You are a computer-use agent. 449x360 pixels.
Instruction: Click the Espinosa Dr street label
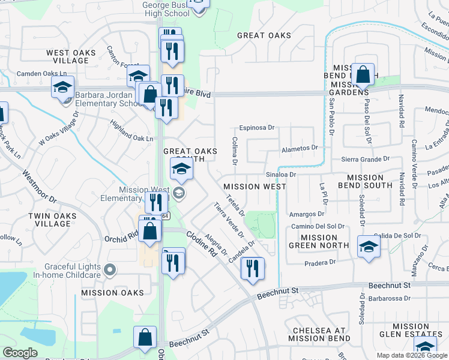(x=256, y=127)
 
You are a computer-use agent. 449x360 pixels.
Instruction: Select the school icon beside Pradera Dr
(x=368, y=247)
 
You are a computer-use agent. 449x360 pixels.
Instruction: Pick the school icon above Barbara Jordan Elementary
(x=62, y=88)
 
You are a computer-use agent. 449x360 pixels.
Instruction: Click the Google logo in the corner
(x=20, y=353)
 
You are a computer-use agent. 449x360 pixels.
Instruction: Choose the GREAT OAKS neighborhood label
(x=264, y=35)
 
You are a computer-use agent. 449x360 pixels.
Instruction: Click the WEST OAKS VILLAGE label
(x=71, y=57)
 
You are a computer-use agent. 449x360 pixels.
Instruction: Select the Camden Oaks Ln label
(x=42, y=74)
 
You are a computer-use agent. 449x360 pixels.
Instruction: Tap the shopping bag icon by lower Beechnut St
(x=145, y=338)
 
